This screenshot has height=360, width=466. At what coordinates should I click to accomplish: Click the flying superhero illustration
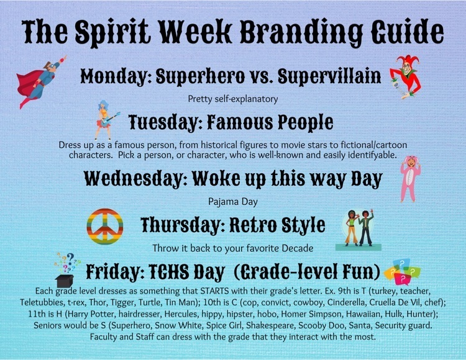tap(40, 81)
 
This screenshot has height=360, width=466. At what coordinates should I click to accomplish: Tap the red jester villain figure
tap(406, 76)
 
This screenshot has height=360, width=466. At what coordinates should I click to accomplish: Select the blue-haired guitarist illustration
tap(106, 120)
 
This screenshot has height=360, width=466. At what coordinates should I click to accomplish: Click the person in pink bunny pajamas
tap(410, 179)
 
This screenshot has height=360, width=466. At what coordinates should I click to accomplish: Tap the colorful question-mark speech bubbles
tap(403, 271)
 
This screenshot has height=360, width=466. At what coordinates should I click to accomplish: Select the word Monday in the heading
tap(116, 76)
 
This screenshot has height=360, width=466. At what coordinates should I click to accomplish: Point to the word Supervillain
tap(329, 76)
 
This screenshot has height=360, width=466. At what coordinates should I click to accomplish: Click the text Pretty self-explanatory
tap(233, 99)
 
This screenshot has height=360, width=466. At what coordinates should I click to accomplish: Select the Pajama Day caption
tap(233, 202)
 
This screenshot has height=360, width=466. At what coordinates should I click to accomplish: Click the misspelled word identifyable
tap(372, 155)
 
